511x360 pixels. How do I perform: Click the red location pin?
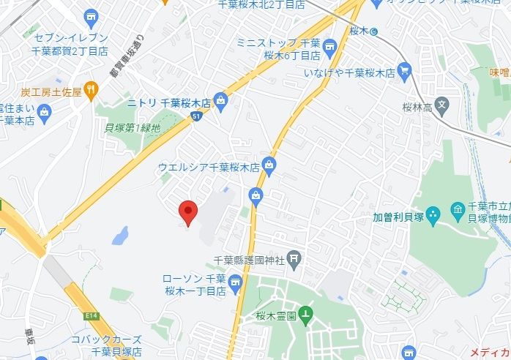click(x=188, y=212)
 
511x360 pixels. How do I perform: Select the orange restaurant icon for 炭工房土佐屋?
click(x=90, y=91)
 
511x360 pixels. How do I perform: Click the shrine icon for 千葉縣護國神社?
click(x=294, y=258)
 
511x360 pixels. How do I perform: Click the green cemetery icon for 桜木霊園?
click(x=307, y=315)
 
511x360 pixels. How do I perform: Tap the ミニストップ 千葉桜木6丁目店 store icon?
click(x=329, y=48)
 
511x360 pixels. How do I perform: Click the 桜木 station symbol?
click(x=374, y=31)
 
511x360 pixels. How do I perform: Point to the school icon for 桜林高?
click(x=441, y=105)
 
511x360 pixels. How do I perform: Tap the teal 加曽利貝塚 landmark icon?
click(x=433, y=214)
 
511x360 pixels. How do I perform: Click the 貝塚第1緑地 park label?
click(x=133, y=127)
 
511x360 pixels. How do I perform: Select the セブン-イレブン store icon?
click(x=92, y=15)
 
